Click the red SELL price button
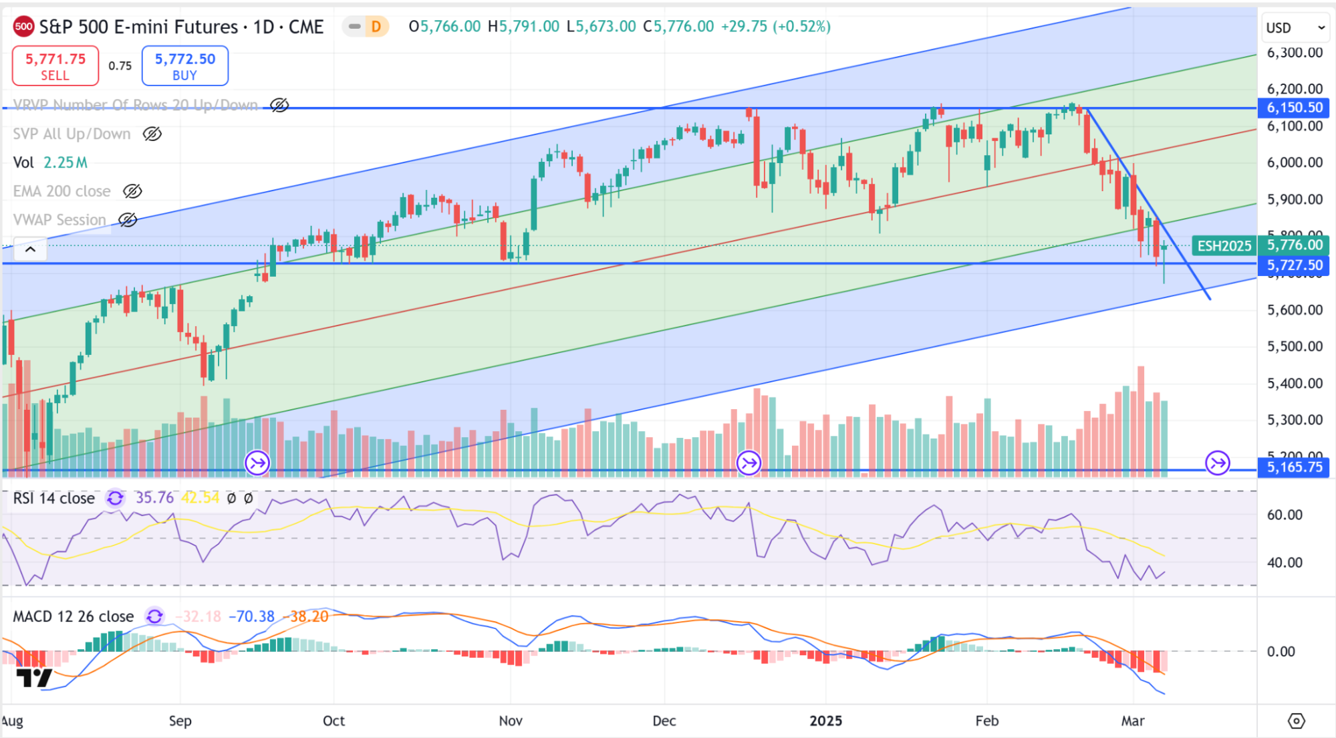[x=55, y=66]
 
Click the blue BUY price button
[x=185, y=66]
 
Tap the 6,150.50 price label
[x=1294, y=108]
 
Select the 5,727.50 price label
[x=1294, y=265]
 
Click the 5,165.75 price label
[x=1294, y=467]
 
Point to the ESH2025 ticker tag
[x=1224, y=246]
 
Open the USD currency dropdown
[x=1294, y=28]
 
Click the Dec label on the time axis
[x=664, y=721]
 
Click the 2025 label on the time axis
[x=825, y=721]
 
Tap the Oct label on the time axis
[x=333, y=721]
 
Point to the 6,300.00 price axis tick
[x=1294, y=53]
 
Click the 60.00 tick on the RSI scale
[x=1284, y=515]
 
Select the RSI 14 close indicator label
[x=54, y=499]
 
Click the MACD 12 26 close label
[x=74, y=616]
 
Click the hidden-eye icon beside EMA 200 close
[x=132, y=192]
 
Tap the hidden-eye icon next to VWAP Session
[x=128, y=220]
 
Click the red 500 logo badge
[x=23, y=27]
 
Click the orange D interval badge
[x=376, y=27]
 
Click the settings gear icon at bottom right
[x=1296, y=721]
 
